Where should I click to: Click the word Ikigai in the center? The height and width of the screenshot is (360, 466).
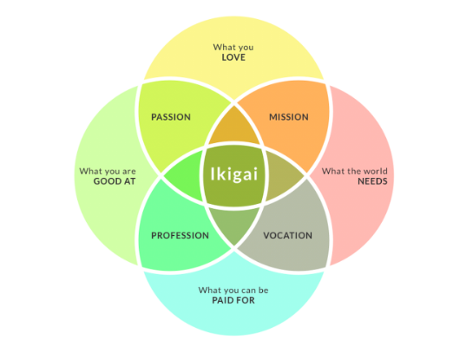[233, 173]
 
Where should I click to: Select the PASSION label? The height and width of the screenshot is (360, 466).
[170, 117]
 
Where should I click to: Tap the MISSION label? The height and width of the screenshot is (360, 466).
[288, 117]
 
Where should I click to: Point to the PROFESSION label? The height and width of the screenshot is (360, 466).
[180, 235]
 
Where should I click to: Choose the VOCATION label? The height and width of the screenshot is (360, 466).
[287, 235]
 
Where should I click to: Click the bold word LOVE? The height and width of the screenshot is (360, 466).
[232, 57]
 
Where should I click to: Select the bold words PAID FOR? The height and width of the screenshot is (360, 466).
[232, 300]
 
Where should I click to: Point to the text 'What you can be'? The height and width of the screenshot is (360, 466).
[232, 289]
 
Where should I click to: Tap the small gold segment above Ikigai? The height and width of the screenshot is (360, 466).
[233, 130]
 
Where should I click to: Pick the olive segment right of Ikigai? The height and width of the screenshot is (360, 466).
[282, 178]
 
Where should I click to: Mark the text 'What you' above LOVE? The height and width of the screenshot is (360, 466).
[232, 46]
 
